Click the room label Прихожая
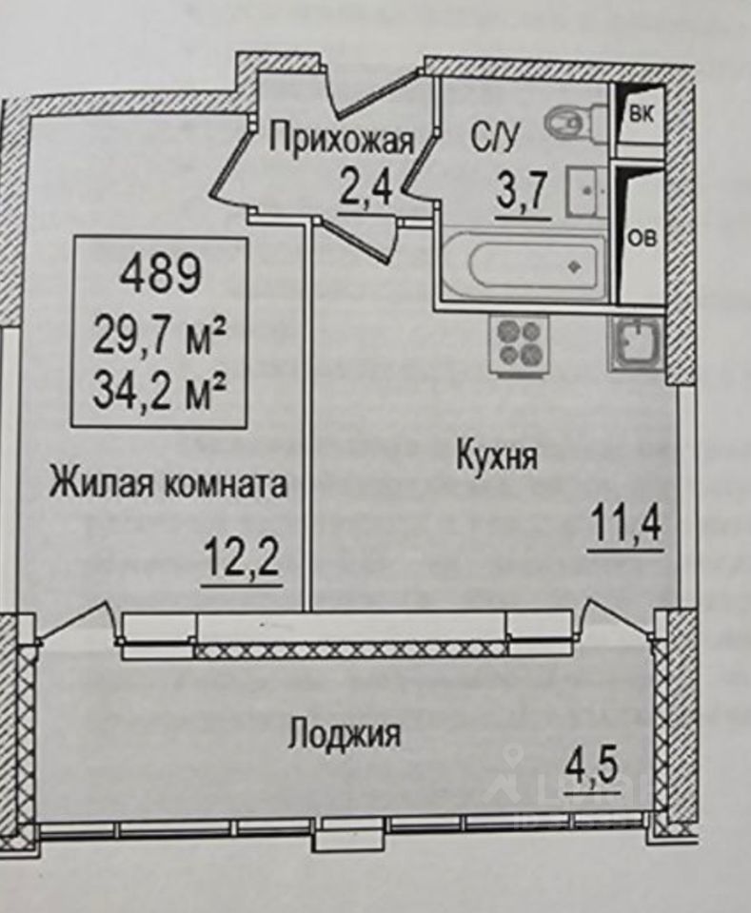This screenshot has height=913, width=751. click(x=341, y=141)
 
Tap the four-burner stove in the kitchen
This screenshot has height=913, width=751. click(x=520, y=342)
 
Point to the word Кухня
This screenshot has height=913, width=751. click(x=497, y=456)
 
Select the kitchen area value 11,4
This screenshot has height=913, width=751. click(x=624, y=523)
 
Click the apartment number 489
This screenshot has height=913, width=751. click(x=160, y=276)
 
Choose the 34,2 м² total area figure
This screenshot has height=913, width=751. click(x=159, y=389)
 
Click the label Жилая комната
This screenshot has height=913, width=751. click(x=168, y=484)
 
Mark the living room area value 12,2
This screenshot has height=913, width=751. click(x=242, y=556)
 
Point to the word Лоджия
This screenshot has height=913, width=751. click(x=345, y=733)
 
